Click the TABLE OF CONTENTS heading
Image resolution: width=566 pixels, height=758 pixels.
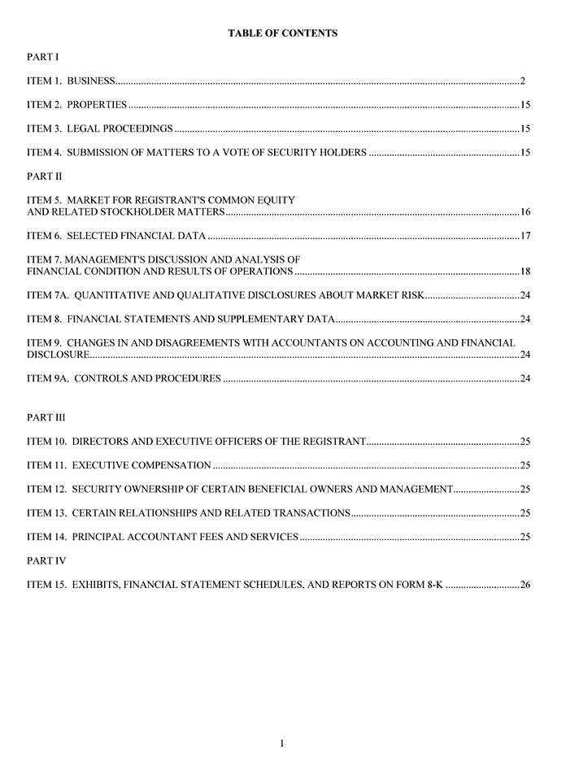pyautogui.click(x=282, y=33)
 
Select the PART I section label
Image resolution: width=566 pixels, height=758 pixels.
pyautogui.click(x=42, y=57)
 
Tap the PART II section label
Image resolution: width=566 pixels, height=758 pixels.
pyautogui.click(x=45, y=176)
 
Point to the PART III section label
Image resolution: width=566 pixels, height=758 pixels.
pyautogui.click(x=46, y=417)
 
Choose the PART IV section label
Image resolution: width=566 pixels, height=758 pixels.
pyautogui.click(x=46, y=560)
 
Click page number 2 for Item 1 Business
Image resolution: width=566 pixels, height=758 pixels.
pyautogui.click(x=524, y=81)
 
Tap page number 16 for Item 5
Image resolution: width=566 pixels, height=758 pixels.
pyautogui.click(x=525, y=212)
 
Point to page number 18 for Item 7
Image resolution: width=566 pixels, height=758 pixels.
pyautogui.click(x=525, y=272)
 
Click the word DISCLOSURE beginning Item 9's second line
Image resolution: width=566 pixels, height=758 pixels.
pyautogui.click(x=58, y=355)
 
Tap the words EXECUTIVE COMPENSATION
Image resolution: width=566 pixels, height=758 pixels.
pyautogui.click(x=141, y=465)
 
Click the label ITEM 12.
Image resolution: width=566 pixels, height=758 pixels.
pyautogui.click(x=46, y=489)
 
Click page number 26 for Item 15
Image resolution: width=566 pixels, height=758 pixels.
pyautogui.click(x=525, y=585)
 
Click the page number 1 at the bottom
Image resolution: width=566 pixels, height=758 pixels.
pyautogui.click(x=282, y=743)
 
